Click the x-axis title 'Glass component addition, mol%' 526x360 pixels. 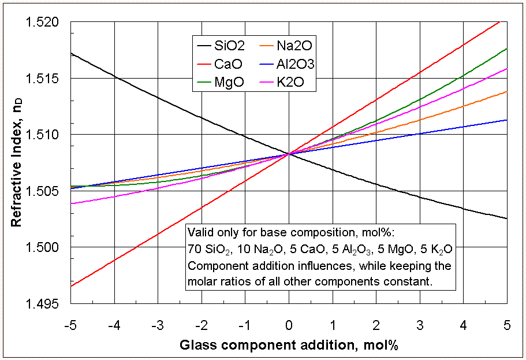(x=289, y=345)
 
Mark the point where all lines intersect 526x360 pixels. (x=289, y=154)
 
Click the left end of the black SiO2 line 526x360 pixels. (x=71, y=53)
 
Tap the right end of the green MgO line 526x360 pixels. (x=506, y=49)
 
